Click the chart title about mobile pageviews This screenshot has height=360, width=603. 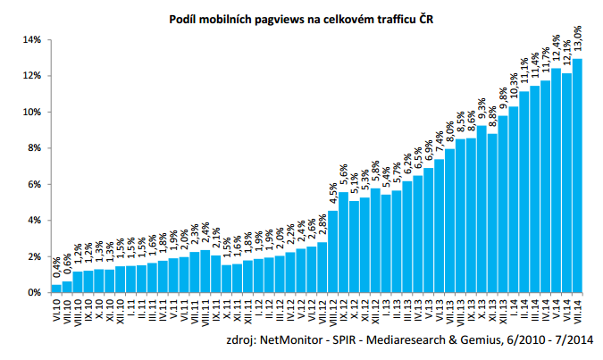301,20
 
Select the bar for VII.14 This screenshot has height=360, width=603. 577,176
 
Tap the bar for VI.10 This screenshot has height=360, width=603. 56,289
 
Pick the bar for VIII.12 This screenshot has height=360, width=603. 333,252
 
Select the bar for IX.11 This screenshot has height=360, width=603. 216,274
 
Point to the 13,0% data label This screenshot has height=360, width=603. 577,38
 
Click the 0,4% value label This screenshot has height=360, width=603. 57,268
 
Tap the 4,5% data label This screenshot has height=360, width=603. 333,194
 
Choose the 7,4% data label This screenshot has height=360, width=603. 440,142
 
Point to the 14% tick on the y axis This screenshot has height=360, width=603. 32,40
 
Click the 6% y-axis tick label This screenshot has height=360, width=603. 34,185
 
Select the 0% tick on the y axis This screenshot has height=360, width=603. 34,293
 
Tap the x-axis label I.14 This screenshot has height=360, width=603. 514,306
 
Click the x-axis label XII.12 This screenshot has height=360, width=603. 376,310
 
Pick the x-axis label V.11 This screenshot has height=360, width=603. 174,307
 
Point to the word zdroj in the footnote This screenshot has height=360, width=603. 240,340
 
